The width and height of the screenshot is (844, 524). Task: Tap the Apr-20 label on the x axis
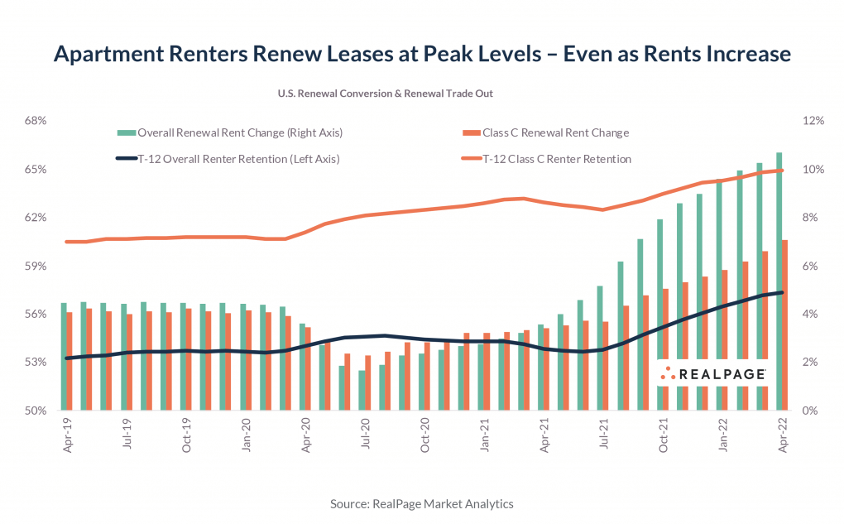(x=306, y=433)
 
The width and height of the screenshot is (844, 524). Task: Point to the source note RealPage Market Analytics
(x=422, y=503)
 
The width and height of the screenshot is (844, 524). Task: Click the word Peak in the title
(x=444, y=55)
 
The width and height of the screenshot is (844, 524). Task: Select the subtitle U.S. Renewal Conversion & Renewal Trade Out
(x=386, y=94)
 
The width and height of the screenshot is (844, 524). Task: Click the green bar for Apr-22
(x=779, y=281)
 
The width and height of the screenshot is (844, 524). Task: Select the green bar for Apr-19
(x=64, y=356)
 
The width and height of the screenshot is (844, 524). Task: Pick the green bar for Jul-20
(x=362, y=390)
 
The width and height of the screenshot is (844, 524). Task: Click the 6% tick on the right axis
(x=812, y=266)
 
